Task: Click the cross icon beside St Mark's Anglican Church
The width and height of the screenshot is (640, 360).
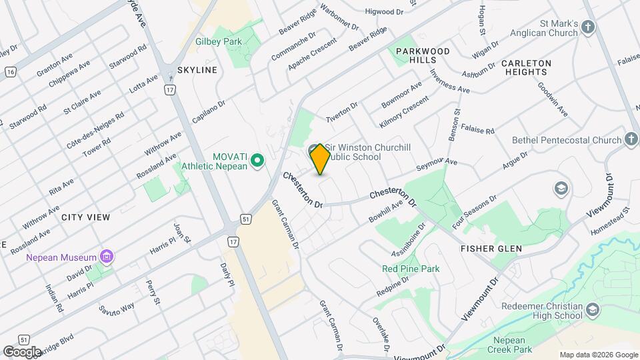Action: point(587,27)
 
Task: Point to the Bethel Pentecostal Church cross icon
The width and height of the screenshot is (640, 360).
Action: point(632,140)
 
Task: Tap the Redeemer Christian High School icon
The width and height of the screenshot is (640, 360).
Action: point(593,309)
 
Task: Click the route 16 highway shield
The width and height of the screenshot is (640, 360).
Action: point(10,71)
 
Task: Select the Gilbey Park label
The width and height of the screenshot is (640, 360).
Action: point(218,41)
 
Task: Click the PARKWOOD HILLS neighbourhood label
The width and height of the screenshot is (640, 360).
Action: point(423,55)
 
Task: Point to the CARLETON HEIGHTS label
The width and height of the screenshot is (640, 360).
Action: point(528,67)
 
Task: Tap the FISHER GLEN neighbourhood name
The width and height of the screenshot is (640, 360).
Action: point(491,249)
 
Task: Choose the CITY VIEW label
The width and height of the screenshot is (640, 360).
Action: point(85,217)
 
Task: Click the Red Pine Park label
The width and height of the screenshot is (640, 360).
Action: point(411,269)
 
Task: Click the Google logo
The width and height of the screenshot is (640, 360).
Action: point(21,351)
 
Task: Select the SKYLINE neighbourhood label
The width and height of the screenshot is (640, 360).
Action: point(197,70)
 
